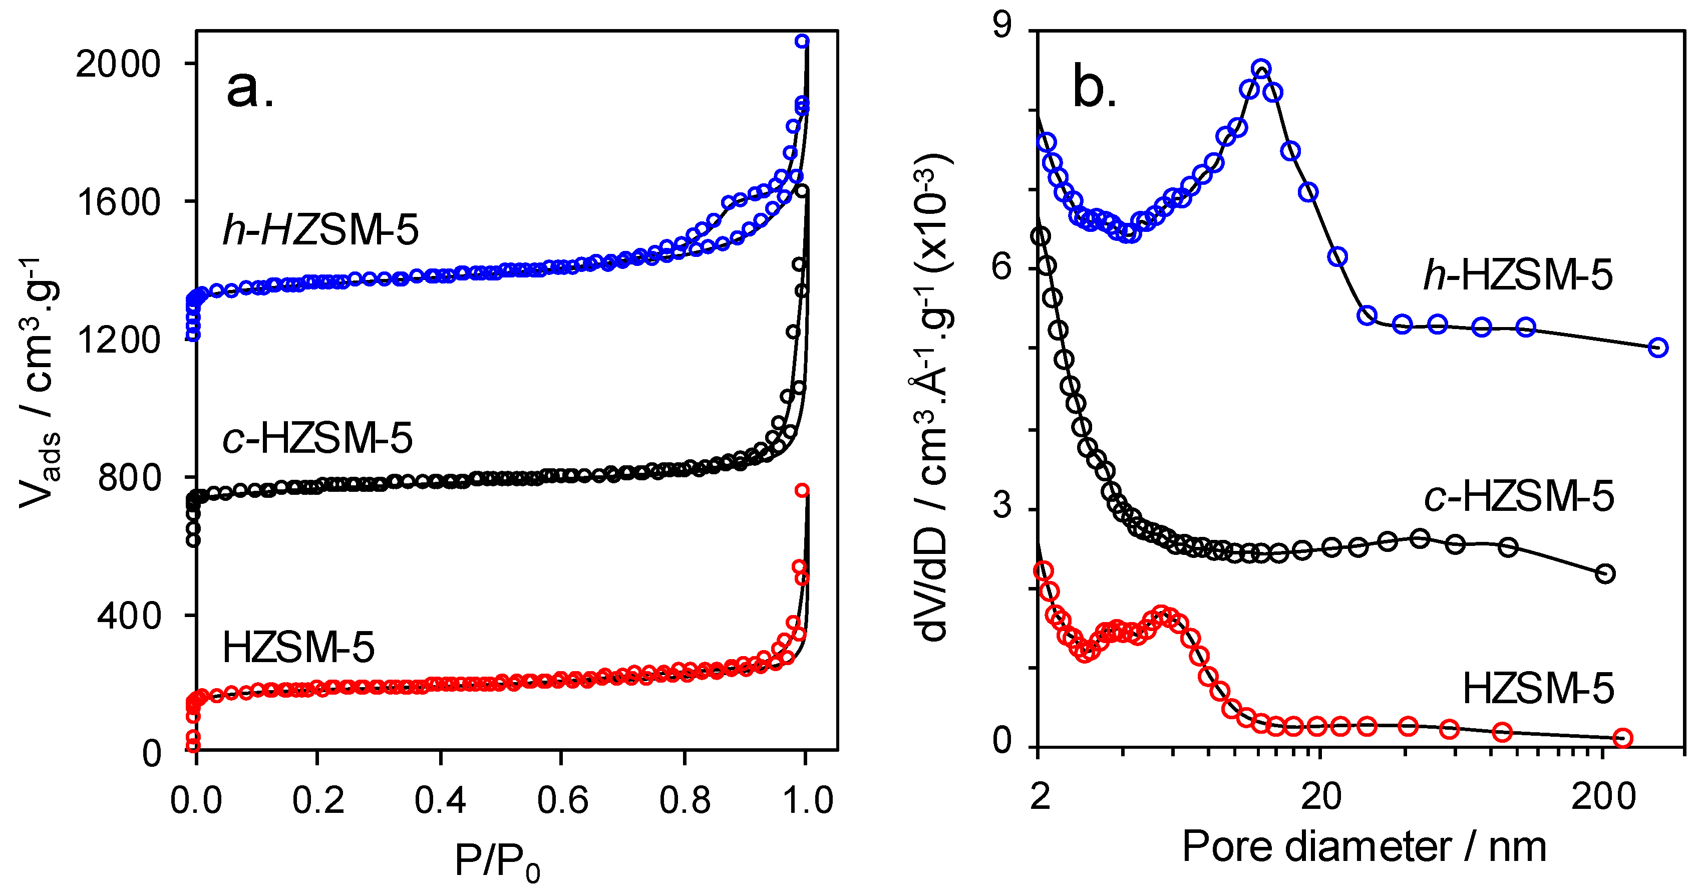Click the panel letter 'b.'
coord(1095,89)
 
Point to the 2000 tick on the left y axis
coord(119,65)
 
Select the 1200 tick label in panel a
coord(119,341)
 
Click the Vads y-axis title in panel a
coord(40,383)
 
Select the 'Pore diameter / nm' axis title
coord(1364,847)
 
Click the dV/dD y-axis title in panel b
coord(934,396)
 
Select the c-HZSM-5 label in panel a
coord(317,438)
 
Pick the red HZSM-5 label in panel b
coord(1538,689)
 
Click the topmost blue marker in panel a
coord(802,41)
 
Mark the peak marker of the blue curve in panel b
coord(1261,69)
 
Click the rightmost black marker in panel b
coord(1605,573)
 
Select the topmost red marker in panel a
coord(802,490)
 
